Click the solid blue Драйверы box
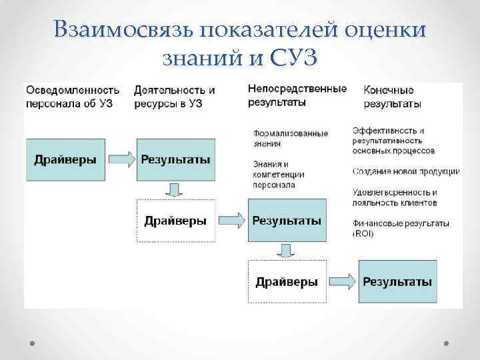coord(65,159)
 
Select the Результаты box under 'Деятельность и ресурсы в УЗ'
coord(175,159)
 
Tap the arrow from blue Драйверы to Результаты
coord(121,159)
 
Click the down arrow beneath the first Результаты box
coord(175,190)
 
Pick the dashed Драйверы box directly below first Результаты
coord(175,221)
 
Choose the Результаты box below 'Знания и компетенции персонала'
coord(287,220)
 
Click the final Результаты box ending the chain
coord(397,281)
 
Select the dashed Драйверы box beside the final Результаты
coord(287,281)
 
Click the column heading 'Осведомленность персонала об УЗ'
coord(72,96)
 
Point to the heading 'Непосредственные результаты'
coord(297,95)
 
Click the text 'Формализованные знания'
coord(291,138)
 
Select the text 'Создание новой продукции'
coord(406,171)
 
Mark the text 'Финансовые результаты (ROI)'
coord(401,228)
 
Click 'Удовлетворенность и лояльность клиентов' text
coord(395,197)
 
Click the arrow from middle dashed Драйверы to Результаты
coord(231,220)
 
